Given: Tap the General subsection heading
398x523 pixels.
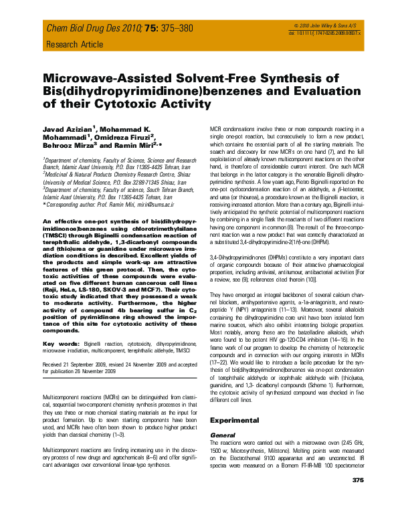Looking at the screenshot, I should pyautogui.click(x=221, y=435).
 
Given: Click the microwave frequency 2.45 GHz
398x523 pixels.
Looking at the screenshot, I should pyautogui.click(x=344, y=443).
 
